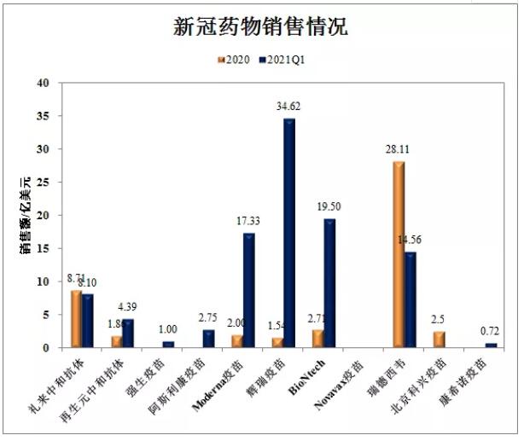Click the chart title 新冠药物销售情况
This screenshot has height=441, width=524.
(261, 26)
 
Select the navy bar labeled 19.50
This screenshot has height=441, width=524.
(329, 282)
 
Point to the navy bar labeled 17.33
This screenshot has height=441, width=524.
(249, 290)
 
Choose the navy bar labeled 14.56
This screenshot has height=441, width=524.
(410, 299)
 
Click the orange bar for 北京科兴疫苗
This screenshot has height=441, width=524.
(439, 339)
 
